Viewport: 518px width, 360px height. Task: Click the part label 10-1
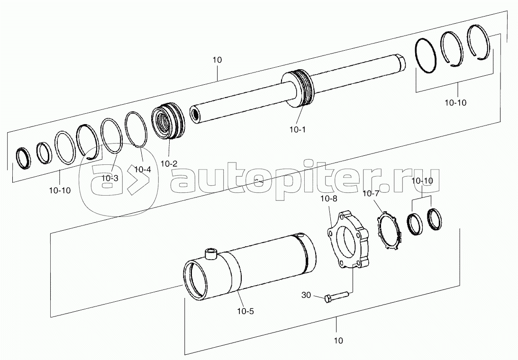click(x=297, y=130)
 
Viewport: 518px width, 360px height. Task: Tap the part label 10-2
click(x=169, y=163)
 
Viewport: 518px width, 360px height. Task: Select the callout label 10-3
click(x=109, y=178)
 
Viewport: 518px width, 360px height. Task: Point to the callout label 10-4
click(x=143, y=170)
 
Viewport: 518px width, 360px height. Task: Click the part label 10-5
click(x=245, y=311)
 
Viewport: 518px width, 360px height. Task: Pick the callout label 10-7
click(x=371, y=194)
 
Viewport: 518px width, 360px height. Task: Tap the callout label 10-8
click(x=328, y=199)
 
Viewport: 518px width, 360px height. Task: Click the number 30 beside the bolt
click(x=306, y=295)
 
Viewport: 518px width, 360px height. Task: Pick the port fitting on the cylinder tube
click(x=210, y=254)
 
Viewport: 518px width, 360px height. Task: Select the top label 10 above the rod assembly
click(x=218, y=60)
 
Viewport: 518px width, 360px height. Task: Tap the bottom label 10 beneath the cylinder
click(x=338, y=340)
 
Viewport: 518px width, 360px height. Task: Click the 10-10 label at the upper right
click(x=455, y=103)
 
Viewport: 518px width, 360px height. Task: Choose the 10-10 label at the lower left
click(x=60, y=190)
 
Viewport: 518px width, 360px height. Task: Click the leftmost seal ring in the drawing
click(x=23, y=158)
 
